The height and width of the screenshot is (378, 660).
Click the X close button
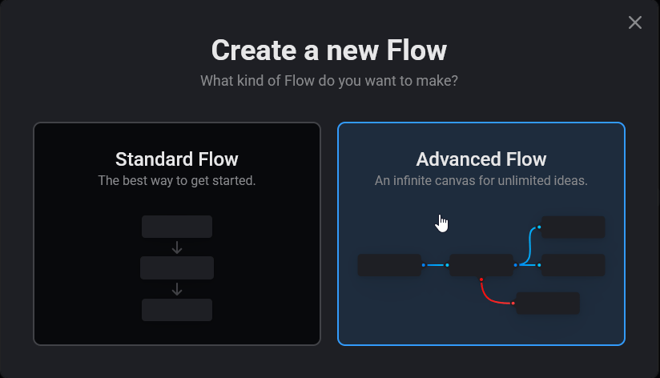pyautogui.click(x=635, y=22)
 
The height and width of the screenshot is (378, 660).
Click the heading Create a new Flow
pyautogui.click(x=329, y=50)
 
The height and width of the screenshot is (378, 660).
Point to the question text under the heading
pyautogui.click(x=329, y=81)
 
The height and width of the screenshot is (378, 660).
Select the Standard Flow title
pyautogui.click(x=177, y=159)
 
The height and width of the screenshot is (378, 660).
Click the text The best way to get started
pyautogui.click(x=177, y=180)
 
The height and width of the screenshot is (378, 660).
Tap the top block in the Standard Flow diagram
pyautogui.click(x=177, y=227)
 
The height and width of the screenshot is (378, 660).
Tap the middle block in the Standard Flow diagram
pyautogui.click(x=177, y=267)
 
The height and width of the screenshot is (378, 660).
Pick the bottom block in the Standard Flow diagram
pyautogui.click(x=177, y=309)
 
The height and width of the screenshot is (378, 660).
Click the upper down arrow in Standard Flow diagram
pyautogui.click(x=177, y=247)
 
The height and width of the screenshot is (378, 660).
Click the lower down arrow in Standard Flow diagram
pyautogui.click(x=177, y=288)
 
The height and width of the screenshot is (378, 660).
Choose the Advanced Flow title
pyautogui.click(x=481, y=159)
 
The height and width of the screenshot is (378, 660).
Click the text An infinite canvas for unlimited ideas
pyautogui.click(x=481, y=180)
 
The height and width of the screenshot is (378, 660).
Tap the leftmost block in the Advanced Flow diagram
pyautogui.click(x=389, y=265)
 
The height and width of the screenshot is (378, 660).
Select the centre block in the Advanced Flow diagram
pyautogui.click(x=481, y=265)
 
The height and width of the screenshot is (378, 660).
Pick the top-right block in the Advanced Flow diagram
pyautogui.click(x=573, y=227)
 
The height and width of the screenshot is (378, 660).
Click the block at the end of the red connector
pyautogui.click(x=547, y=304)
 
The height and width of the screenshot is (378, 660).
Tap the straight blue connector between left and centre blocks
pyautogui.click(x=435, y=265)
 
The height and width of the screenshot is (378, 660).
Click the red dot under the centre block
pyautogui.click(x=481, y=279)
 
